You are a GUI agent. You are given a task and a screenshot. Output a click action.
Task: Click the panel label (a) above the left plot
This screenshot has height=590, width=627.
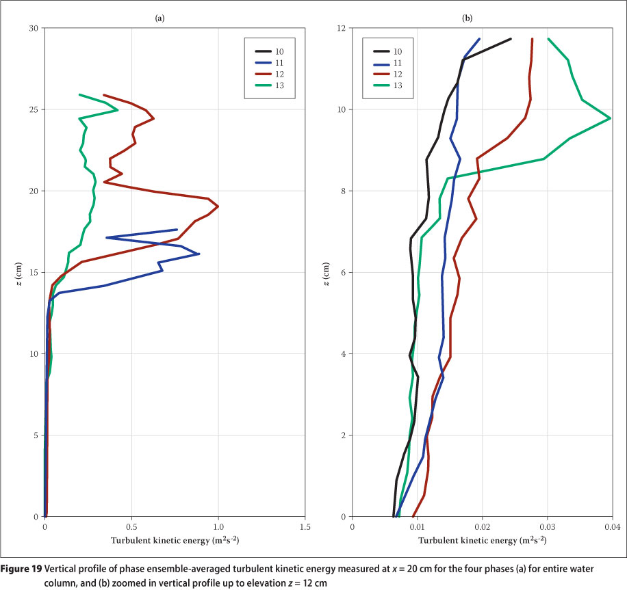tap(159, 18)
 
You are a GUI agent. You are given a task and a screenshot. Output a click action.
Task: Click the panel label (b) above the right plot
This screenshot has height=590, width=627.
tap(468, 18)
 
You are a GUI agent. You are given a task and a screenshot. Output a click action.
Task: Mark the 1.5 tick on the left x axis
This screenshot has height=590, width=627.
tap(305, 527)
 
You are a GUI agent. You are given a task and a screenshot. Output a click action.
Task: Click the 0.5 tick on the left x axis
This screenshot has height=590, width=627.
tap(131, 527)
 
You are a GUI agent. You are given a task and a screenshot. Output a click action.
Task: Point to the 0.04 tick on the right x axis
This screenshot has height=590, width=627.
tap(612, 527)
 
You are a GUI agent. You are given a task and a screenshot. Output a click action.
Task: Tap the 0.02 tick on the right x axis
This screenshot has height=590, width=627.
tap(482, 527)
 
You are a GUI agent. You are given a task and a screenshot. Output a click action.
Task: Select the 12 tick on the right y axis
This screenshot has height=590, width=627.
tap(342, 28)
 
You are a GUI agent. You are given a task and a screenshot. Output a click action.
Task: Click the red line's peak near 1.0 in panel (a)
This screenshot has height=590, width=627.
tap(218, 206)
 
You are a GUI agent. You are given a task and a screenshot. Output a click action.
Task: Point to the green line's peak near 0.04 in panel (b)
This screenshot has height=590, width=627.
tap(610, 119)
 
